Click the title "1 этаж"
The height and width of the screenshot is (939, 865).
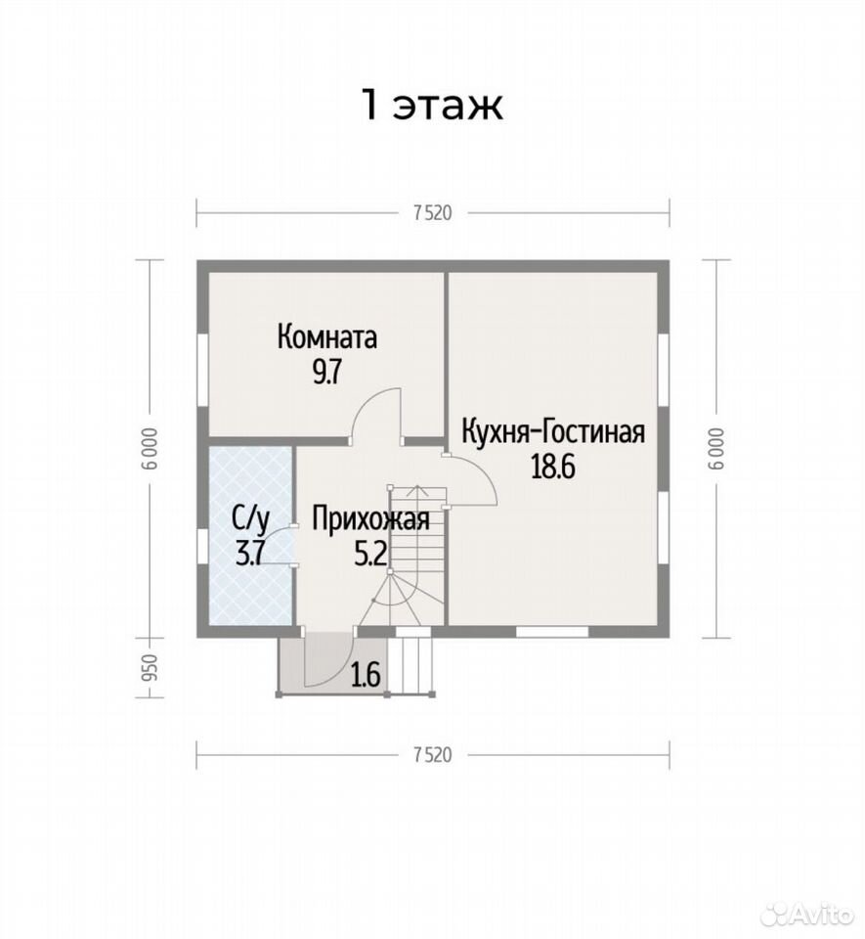coord(432,106)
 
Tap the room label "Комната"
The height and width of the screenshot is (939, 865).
coord(327,337)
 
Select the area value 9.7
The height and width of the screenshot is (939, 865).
coord(326,373)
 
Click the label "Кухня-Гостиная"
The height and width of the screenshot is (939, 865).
coord(553,431)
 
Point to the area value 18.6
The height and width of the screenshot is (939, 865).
coord(553,468)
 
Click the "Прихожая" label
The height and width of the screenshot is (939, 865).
coord(370,518)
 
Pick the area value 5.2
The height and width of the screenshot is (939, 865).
coord(370,554)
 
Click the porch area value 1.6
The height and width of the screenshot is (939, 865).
coord(366,676)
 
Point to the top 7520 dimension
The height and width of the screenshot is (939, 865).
coord(432,213)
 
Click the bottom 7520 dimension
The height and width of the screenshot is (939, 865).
coord(432,754)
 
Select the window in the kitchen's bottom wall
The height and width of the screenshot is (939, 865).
coord(551,632)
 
